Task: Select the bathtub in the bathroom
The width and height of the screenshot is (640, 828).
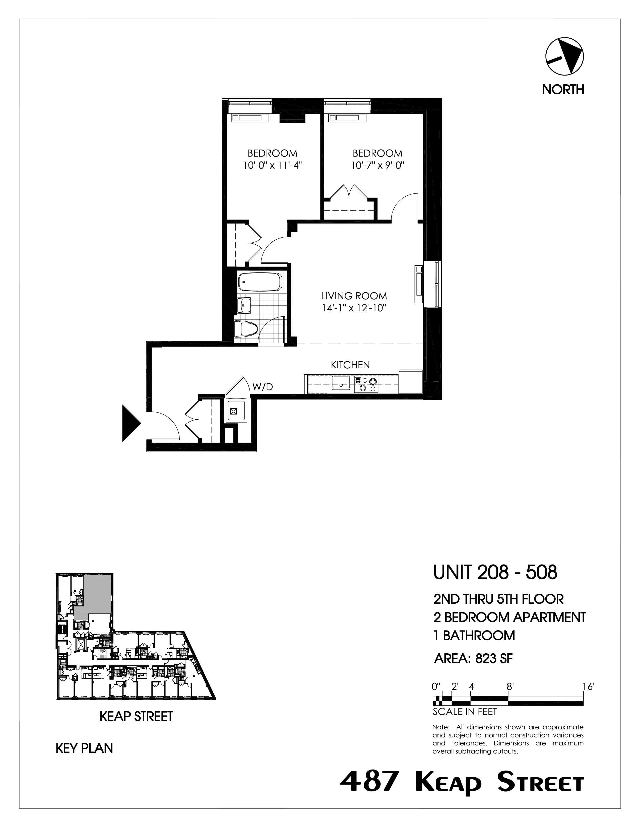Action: tap(261, 283)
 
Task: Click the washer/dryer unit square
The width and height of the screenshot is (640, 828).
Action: tap(234, 411)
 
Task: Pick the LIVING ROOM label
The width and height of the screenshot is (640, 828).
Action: tap(354, 296)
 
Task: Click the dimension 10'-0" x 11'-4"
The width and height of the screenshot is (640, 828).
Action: tap(272, 165)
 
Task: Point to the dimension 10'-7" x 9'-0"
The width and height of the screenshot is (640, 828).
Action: tap(377, 165)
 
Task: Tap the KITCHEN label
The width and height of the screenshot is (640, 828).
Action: tap(350, 365)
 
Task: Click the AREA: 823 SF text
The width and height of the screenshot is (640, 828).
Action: tap(473, 659)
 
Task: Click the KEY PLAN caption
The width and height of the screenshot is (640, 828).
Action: tap(84, 748)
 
